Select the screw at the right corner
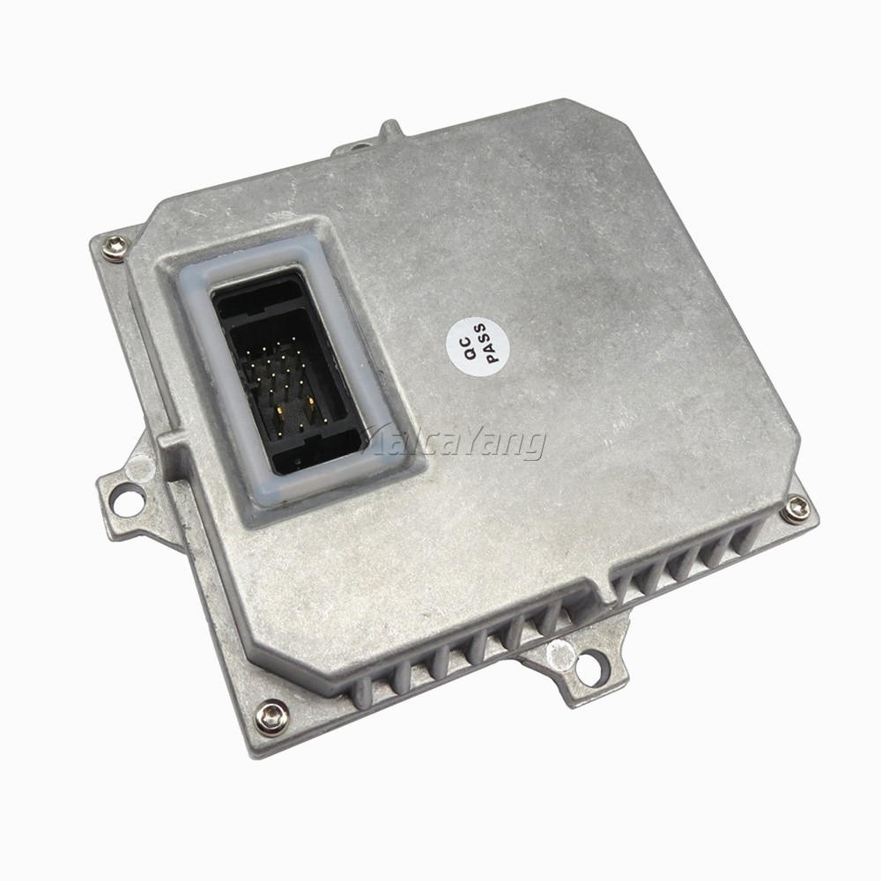click(796, 509)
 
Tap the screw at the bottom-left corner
click(272, 717)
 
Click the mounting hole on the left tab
click(128, 500)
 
